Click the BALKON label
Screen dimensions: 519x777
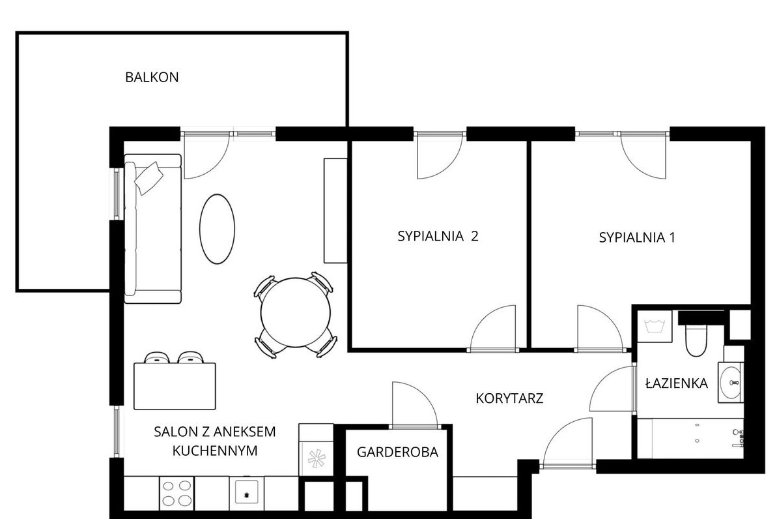tap(151, 77)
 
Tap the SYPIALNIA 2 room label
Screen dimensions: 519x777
tap(438, 237)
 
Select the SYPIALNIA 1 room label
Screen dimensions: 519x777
tap(636, 237)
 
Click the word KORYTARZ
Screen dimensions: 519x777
tap(509, 398)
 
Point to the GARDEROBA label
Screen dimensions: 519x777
tap(397, 452)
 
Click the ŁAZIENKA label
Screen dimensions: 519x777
tap(676, 383)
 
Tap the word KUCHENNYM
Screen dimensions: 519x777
tap(216, 450)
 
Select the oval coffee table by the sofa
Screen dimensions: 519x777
tap(217, 228)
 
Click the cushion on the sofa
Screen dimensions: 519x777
tap(149, 177)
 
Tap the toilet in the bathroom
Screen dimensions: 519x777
tap(695, 340)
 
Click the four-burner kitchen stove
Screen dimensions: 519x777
tap(176, 493)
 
